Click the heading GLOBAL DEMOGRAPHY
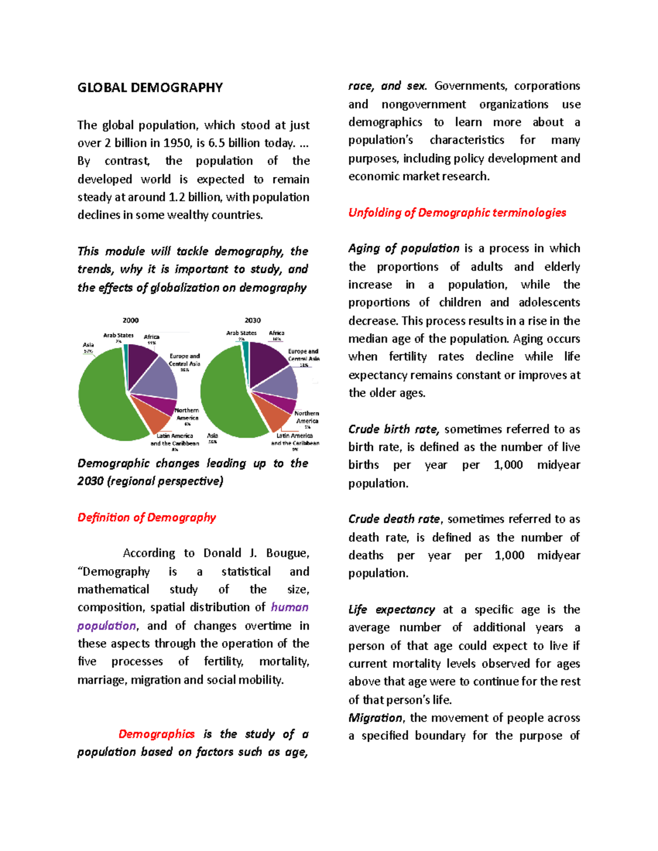coord(150,88)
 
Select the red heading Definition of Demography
coord(146,517)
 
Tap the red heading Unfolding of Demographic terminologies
coord(457,213)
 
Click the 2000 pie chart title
coord(131,320)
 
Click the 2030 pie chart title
coord(252,320)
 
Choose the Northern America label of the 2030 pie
coord(307,417)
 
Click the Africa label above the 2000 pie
coord(151,337)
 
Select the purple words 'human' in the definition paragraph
coord(290,607)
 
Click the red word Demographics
coord(156,734)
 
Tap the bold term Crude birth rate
coord(393,429)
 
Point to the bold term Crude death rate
coord(394,519)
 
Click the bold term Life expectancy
coord(391,609)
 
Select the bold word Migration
coord(375,718)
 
